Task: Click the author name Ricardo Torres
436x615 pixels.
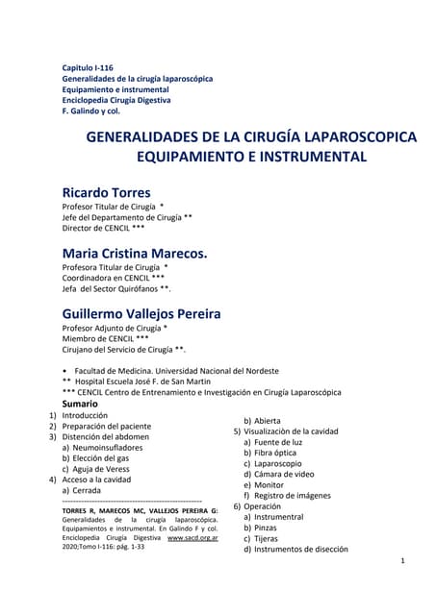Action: click(x=106, y=192)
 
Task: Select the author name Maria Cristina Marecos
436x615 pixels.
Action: click(x=135, y=253)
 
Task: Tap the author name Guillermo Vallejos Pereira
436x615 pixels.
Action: click(x=141, y=314)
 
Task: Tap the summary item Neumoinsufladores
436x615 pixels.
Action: click(x=108, y=447)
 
